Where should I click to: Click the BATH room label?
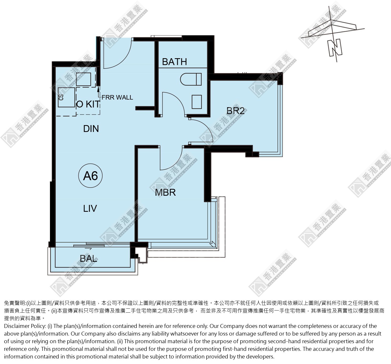pyautogui.click(x=174, y=62)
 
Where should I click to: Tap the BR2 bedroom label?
pyautogui.click(x=235, y=111)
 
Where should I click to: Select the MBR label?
pyautogui.click(x=165, y=192)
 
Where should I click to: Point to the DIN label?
pyautogui.click(x=91, y=129)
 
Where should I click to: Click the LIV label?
pyautogui.click(x=90, y=209)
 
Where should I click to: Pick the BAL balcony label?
pyautogui.click(x=88, y=258)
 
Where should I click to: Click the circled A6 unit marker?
pyautogui.click(x=90, y=176)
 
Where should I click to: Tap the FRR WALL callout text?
pyautogui.click(x=117, y=97)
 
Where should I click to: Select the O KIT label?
pyautogui.click(x=88, y=104)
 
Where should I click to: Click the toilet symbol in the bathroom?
pyautogui.click(x=191, y=79)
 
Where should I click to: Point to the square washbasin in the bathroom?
pyautogui.click(x=197, y=102)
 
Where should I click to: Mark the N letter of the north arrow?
pyautogui.click(x=335, y=48)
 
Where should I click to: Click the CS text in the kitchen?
pyautogui.click(x=61, y=97)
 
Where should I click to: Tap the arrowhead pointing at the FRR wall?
pyautogui.click(x=98, y=89)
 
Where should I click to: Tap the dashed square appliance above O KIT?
pyautogui.click(x=83, y=79)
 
